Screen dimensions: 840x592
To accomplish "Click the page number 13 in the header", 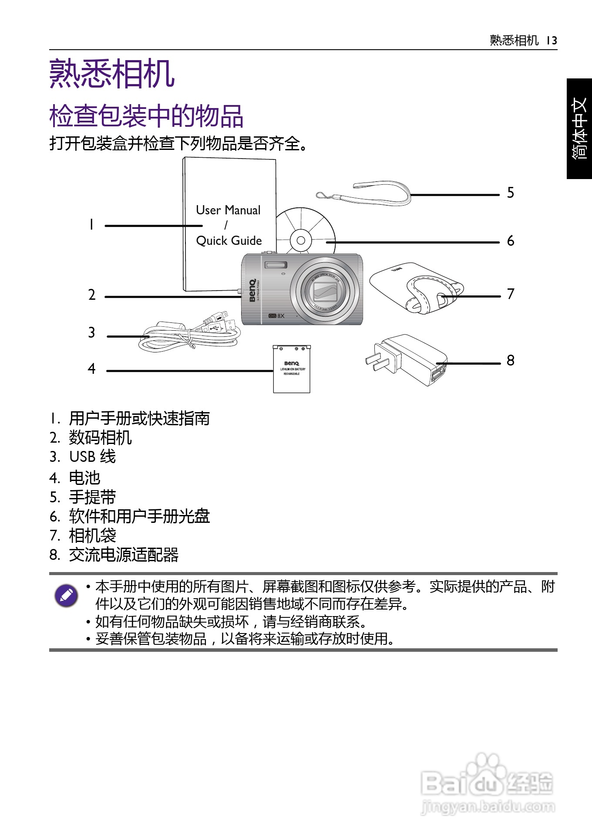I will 552,41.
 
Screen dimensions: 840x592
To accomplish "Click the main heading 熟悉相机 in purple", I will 112,74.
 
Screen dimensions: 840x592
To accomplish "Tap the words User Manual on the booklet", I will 228,210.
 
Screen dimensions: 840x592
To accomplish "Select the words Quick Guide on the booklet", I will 229,240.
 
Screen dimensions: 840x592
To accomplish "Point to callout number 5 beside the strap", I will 511,193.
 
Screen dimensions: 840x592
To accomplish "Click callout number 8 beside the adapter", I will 511,360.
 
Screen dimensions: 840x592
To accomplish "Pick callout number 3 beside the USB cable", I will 91,332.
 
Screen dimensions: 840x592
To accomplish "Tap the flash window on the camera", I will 276,265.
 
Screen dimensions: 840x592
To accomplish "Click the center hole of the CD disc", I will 301,240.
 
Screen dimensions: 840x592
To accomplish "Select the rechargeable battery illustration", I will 292,369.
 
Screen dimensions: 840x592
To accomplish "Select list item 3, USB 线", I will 92,457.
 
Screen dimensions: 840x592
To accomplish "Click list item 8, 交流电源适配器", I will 124,555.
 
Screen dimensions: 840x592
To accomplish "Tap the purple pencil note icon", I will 66,595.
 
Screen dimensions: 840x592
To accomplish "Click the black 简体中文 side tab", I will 579,129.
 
